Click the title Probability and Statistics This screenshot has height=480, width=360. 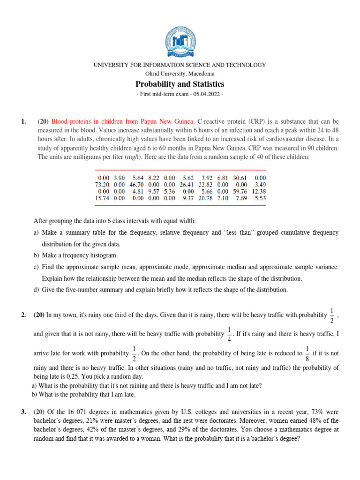tap(180, 84)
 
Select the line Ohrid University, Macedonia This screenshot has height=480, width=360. tap(180, 74)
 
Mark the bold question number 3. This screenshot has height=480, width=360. tap(23, 412)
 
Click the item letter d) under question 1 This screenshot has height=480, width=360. tap(37, 290)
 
